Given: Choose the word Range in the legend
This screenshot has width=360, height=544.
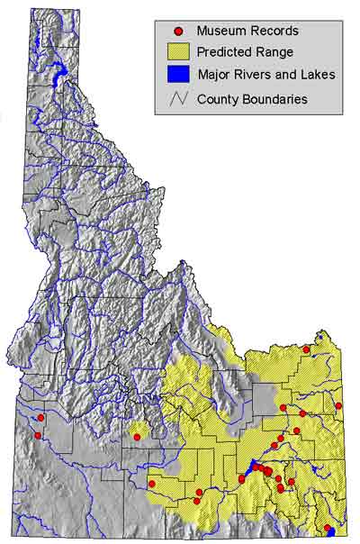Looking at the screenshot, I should point(279,54).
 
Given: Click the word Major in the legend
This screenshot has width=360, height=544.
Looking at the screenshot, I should point(214,77).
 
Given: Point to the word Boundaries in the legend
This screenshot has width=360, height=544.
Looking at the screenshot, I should point(275,99).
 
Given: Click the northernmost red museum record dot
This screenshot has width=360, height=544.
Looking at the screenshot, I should point(306,349).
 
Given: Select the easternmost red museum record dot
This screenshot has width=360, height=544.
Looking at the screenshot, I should point(338,405).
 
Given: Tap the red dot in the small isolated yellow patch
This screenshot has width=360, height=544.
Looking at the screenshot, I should point(137,437).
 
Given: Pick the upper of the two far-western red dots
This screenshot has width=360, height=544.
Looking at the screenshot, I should point(40,417).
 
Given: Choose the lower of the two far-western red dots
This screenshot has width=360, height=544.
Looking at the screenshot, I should point(38,436).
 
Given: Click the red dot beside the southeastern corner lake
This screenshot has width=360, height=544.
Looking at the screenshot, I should point(327,529).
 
